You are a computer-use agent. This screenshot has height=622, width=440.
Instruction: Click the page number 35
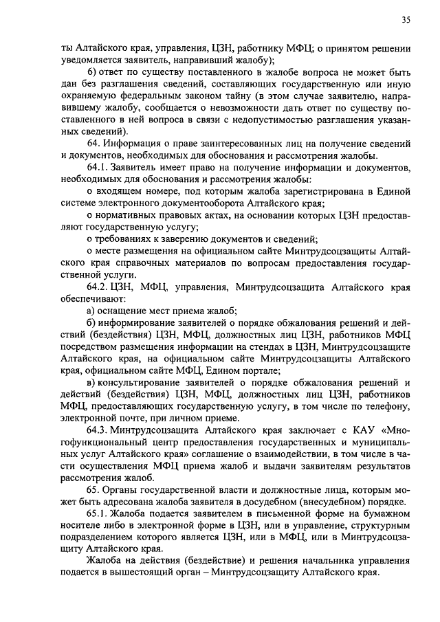(x=406, y=21)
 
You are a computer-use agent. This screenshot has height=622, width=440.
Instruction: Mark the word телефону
(x=387, y=407)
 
